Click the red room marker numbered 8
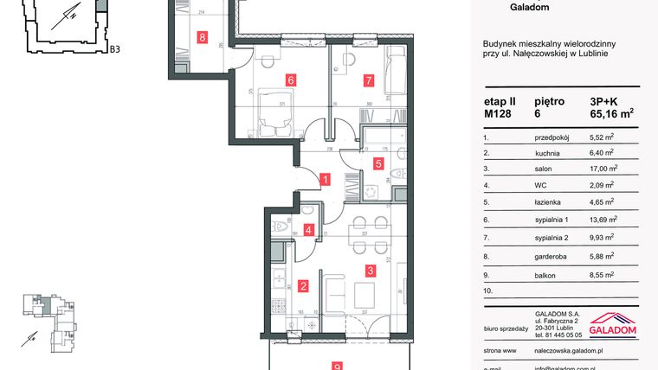click(202, 37)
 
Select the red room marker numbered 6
click(291, 80)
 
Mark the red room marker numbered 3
click(370, 271)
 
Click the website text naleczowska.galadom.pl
click(558, 353)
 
